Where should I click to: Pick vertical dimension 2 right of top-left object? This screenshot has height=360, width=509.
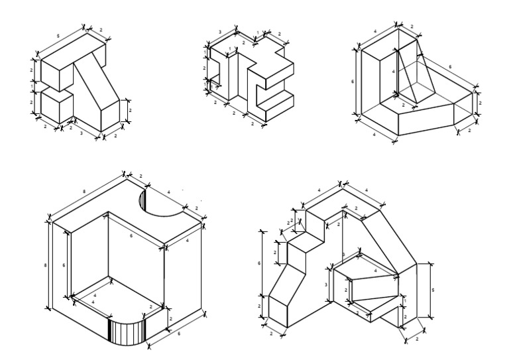(130, 110)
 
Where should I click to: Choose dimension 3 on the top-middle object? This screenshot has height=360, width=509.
(219, 32)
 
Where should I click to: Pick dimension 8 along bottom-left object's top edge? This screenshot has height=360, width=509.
(84, 192)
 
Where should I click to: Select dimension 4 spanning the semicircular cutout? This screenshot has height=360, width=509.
(168, 193)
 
